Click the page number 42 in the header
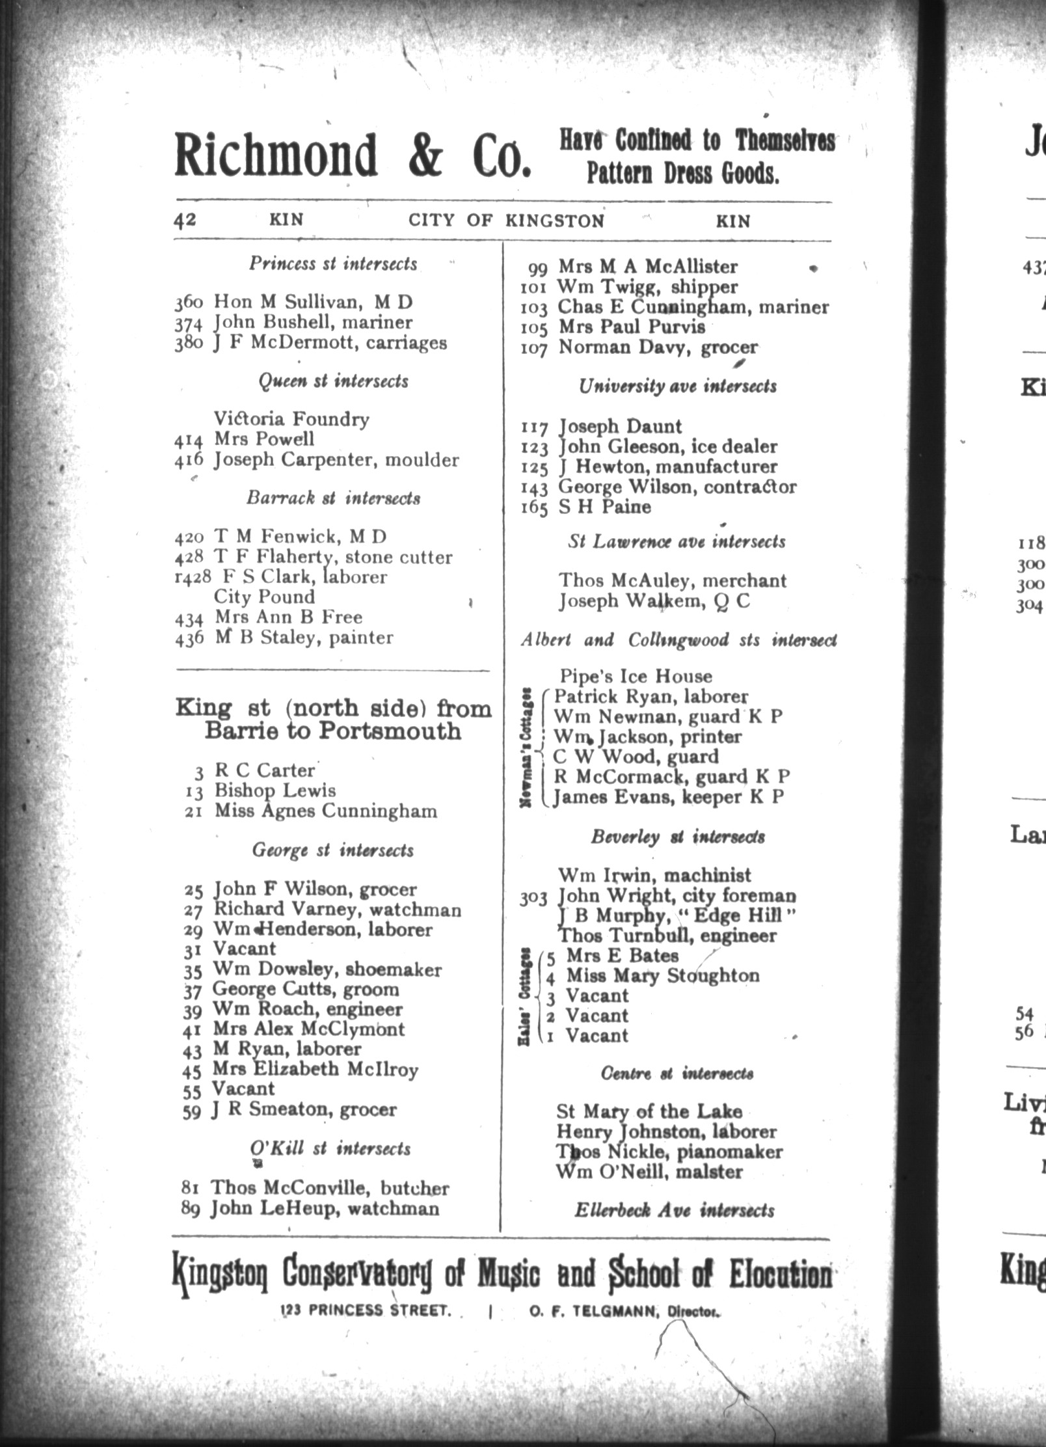click(185, 220)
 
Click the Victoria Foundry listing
click(291, 419)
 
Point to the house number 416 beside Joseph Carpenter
click(189, 460)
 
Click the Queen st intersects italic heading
click(333, 381)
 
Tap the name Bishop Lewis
click(275, 791)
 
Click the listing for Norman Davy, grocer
click(658, 347)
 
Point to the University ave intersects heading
click(677, 386)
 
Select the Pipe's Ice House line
click(636, 677)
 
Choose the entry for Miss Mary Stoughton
click(663, 975)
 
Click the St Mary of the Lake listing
click(649, 1111)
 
